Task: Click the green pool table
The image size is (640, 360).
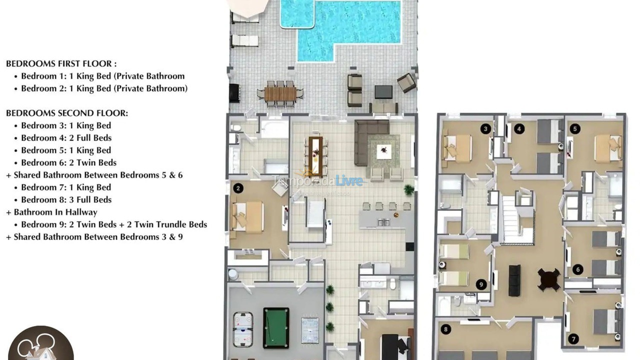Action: pos(276,327)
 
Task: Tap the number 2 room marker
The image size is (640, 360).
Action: pos(238,188)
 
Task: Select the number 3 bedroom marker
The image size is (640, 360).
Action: pos(485,128)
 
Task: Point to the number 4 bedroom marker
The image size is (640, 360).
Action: pos(520,128)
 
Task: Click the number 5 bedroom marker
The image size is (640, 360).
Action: pos(575,128)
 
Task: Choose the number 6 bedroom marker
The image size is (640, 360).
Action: pos(578,269)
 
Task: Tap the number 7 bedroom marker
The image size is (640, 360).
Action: pos(573,339)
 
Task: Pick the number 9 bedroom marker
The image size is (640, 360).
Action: pos(481,284)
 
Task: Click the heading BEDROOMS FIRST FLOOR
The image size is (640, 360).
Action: pos(61,63)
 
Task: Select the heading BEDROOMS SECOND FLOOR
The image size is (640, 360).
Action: pos(67,113)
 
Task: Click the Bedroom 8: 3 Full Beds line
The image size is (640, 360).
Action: pos(66,199)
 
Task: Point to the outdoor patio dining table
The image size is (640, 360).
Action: pos(280,93)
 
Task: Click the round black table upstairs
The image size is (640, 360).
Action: pos(549,279)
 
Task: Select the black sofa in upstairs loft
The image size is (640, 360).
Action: pos(514,280)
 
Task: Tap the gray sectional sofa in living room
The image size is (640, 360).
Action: pos(370,140)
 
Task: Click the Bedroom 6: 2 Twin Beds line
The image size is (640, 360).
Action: pos(68,162)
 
